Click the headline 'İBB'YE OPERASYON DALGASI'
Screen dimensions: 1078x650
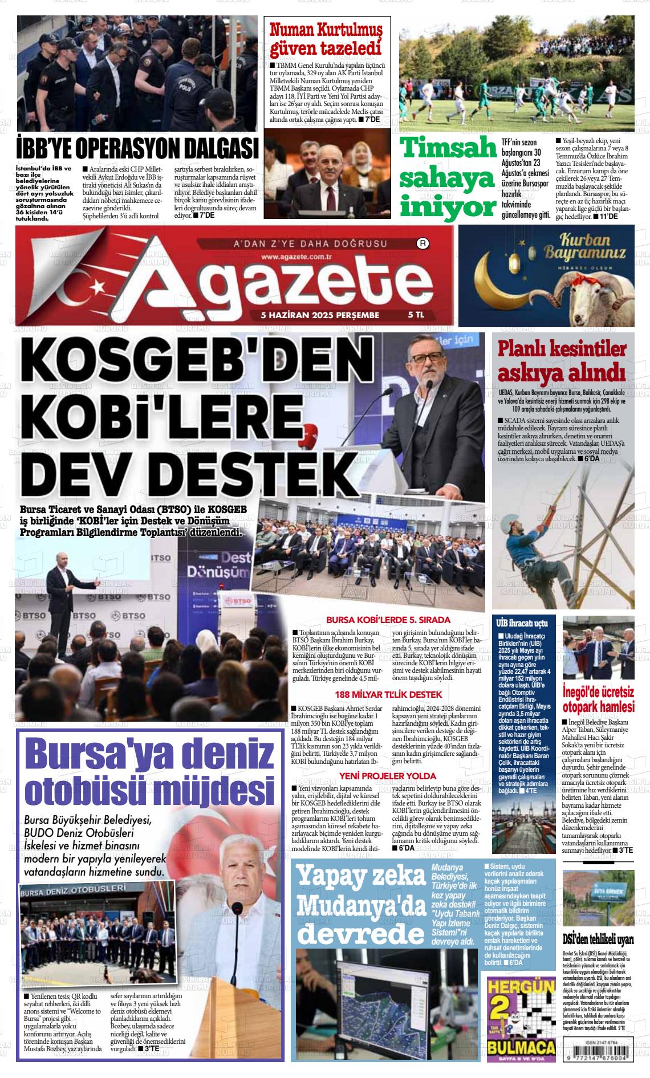[x=137, y=149]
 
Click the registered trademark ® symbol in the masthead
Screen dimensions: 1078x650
[x=424, y=244]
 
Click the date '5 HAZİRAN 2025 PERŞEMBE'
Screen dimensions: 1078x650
[x=319, y=314]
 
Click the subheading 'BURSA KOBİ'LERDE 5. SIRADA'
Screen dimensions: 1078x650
[x=388, y=620]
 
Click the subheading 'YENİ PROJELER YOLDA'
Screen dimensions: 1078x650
[x=388, y=776]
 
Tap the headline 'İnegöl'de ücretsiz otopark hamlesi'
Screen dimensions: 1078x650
[x=598, y=698]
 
